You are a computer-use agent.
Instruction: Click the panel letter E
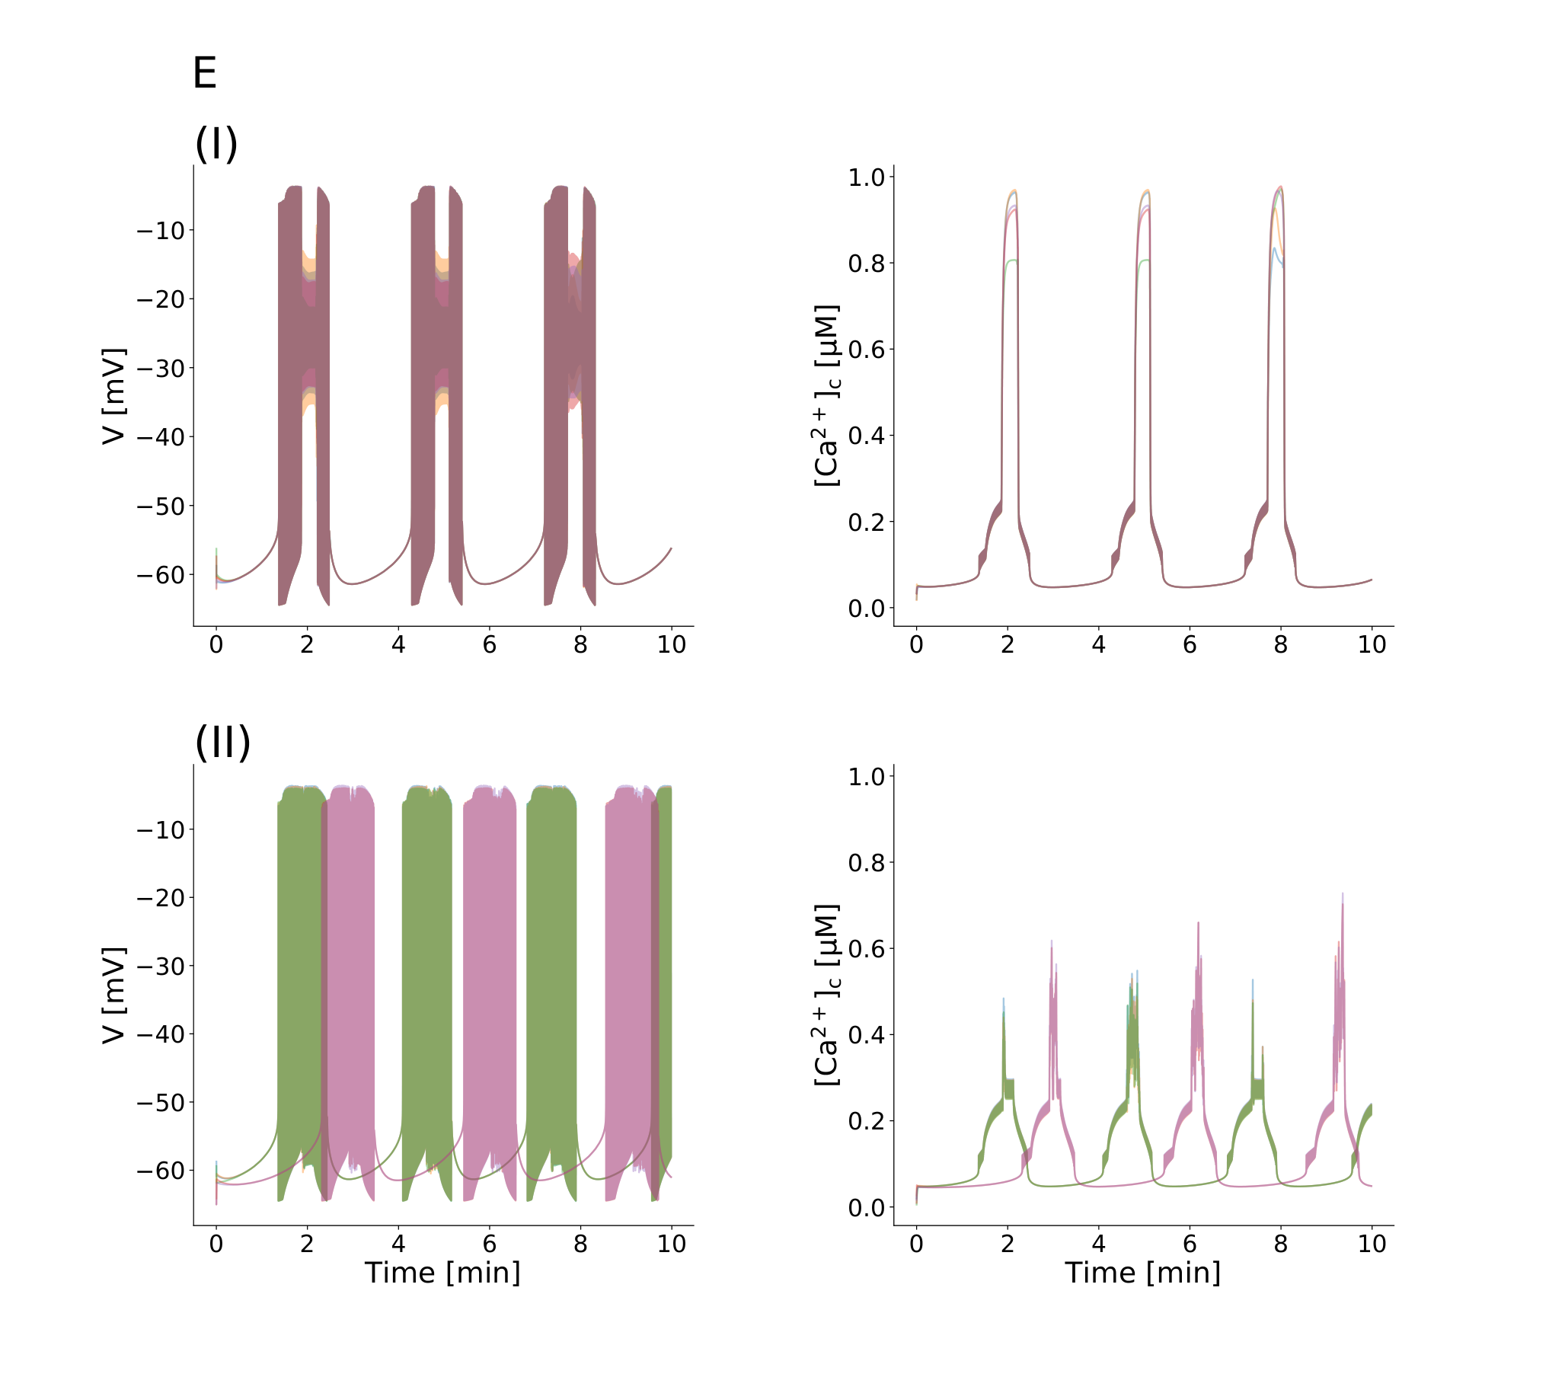(x=205, y=73)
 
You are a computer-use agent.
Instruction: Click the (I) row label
(x=216, y=143)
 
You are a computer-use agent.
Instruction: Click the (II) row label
(x=222, y=743)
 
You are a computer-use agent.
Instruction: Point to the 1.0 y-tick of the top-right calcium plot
(x=867, y=177)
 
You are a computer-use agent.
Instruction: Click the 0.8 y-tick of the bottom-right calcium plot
(x=867, y=863)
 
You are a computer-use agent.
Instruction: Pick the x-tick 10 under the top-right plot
(x=1372, y=645)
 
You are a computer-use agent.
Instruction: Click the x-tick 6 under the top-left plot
(x=490, y=645)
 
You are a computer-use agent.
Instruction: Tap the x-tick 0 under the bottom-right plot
(x=916, y=1244)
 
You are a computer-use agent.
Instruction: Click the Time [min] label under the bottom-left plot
(x=442, y=1273)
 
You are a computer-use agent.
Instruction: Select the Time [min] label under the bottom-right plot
(x=1143, y=1273)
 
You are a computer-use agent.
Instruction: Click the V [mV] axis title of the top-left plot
(x=113, y=396)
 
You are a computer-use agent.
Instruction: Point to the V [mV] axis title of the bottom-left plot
(x=113, y=995)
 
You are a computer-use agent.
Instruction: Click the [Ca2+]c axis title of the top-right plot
(x=827, y=396)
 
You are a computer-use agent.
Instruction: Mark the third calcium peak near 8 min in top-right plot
(x=1280, y=187)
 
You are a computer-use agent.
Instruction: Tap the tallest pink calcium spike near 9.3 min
(x=1342, y=896)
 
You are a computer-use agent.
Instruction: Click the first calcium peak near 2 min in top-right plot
(x=1013, y=191)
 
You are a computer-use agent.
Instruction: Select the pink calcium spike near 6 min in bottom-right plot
(x=1198, y=925)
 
